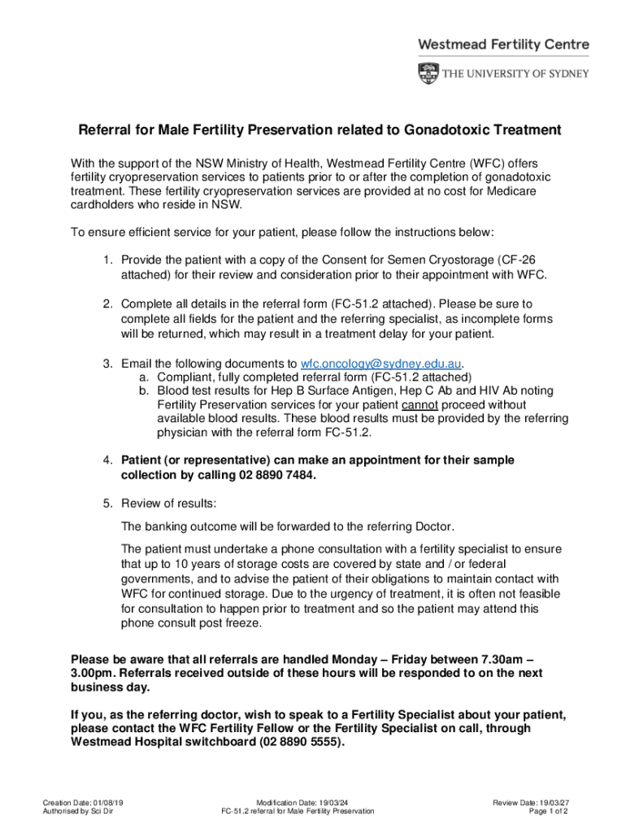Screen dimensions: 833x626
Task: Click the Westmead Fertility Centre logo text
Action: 503,45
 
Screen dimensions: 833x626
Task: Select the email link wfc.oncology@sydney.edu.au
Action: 381,363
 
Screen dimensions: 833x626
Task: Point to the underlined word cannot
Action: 420,405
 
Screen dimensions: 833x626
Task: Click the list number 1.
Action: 107,259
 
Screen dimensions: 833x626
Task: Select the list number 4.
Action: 107,460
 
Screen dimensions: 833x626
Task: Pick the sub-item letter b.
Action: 143,391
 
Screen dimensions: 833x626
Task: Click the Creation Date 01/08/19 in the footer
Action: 82,803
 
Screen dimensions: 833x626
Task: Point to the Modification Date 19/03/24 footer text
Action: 298,803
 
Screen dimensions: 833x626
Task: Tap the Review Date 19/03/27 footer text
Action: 529,803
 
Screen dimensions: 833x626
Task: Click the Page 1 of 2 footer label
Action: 548,811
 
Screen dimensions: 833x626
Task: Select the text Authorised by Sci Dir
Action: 78,811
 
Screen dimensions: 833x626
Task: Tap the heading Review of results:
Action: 169,504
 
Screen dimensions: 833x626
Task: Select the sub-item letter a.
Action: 143,377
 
